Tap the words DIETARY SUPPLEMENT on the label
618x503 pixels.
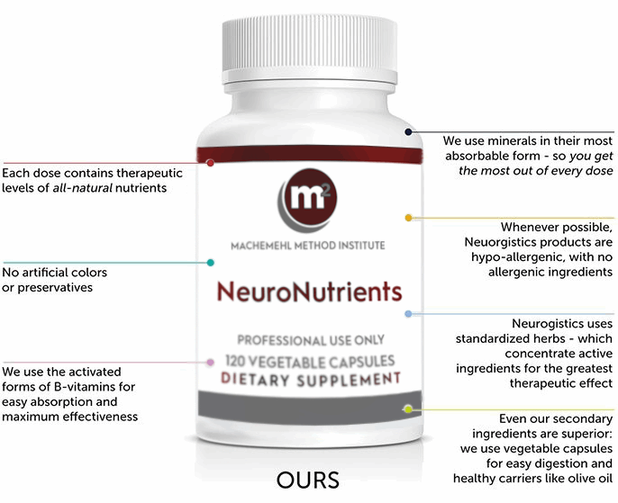310,379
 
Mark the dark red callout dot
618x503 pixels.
210,163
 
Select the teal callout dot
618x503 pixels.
210,263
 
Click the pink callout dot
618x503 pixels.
210,362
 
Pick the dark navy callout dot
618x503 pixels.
408,131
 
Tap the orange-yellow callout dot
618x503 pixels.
408,218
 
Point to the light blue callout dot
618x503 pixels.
408,314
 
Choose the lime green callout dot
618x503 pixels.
408,409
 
